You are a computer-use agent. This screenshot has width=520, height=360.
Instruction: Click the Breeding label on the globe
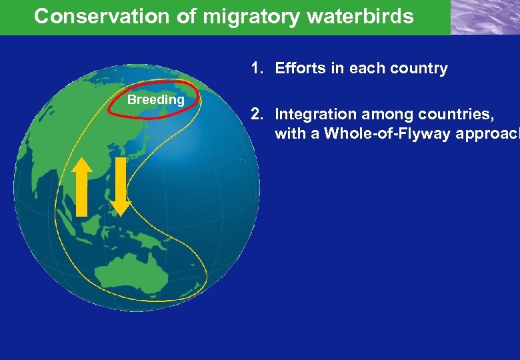tap(156, 100)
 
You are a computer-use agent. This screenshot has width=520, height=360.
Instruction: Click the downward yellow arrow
tap(121, 187)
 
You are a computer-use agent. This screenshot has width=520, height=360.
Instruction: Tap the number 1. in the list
tap(258, 68)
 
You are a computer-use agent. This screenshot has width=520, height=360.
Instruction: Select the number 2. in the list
tap(258, 114)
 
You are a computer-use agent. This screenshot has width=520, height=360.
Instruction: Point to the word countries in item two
tap(458, 114)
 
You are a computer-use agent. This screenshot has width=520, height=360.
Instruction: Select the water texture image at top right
tap(485, 17)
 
